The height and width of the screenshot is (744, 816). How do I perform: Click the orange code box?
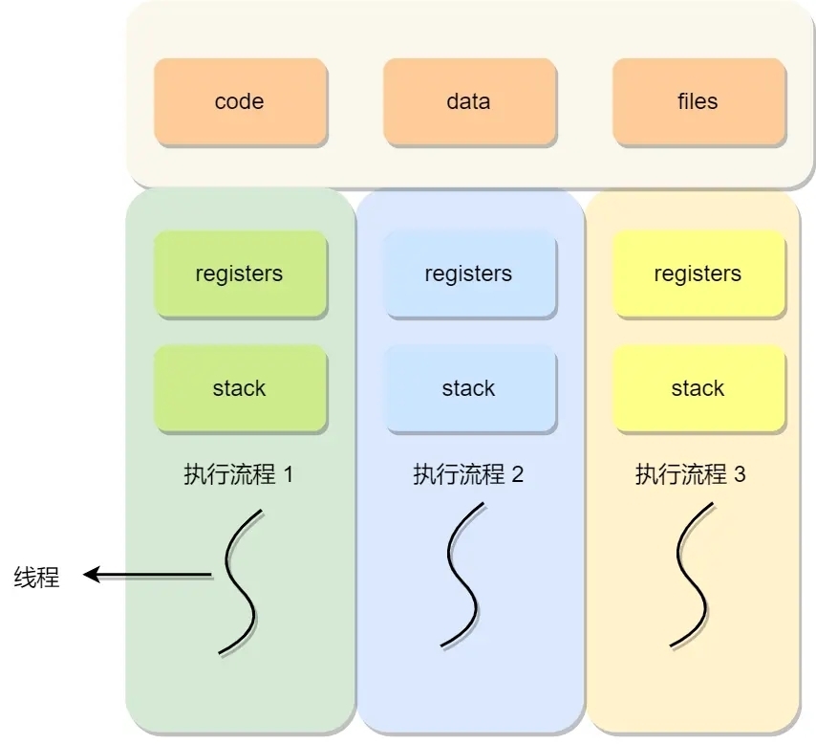(x=240, y=101)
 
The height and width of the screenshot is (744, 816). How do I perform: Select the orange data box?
(x=469, y=101)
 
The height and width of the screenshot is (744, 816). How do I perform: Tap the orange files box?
(x=698, y=101)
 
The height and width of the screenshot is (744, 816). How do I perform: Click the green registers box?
(x=240, y=274)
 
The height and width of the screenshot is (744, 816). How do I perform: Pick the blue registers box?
(x=469, y=274)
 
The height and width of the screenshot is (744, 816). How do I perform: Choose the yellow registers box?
(x=698, y=274)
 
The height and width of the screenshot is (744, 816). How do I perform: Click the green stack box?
(x=240, y=388)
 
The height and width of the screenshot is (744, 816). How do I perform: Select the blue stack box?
(x=469, y=388)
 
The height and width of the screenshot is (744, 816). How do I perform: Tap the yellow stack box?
(x=698, y=388)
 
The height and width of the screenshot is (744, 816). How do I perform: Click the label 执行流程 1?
(x=238, y=474)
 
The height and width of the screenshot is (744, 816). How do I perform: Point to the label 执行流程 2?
(x=468, y=474)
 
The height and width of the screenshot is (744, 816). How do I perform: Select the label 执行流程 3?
(x=690, y=474)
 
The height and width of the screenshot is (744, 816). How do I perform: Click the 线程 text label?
(x=36, y=578)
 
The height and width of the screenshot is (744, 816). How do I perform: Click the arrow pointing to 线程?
(x=147, y=575)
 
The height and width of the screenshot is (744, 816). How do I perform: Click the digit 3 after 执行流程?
(x=740, y=474)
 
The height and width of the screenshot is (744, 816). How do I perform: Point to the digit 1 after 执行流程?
(x=289, y=474)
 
